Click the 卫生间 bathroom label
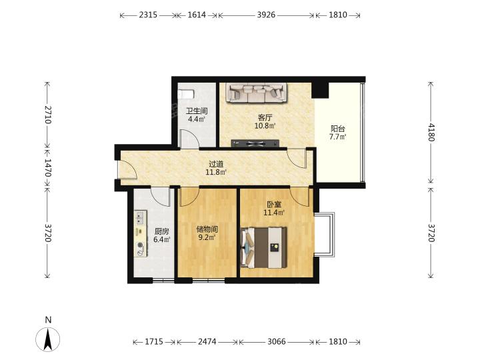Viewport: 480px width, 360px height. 197,111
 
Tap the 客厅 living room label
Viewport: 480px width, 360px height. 265,117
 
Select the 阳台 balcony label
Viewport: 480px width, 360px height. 337,129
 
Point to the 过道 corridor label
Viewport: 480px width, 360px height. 216,165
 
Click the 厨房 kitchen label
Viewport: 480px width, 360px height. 161,231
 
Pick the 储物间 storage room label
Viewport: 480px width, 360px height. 207,229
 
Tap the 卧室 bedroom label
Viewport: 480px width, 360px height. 274,204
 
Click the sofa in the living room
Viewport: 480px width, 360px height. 257,93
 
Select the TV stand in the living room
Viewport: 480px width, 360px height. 255,143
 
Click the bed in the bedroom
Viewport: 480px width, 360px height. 264,247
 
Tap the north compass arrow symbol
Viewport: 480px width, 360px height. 48,339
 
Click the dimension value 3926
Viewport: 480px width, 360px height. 266,15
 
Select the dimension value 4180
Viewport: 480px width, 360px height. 431,132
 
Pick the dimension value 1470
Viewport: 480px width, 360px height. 47,167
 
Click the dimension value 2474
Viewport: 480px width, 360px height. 207,341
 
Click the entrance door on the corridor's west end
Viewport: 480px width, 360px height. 127,169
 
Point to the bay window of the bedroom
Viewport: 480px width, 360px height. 324,235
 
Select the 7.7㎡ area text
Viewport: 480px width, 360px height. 337,137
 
